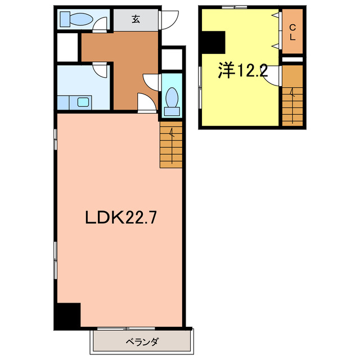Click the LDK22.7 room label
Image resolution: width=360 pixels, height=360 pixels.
pyautogui.click(x=121, y=218)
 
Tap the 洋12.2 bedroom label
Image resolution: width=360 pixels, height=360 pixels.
pyautogui.click(x=242, y=70)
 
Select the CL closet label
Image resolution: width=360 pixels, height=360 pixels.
pyautogui.click(x=292, y=33)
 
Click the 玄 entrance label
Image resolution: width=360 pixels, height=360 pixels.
pyautogui.click(x=136, y=19)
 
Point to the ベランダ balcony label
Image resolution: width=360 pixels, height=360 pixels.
pyautogui.click(x=142, y=342)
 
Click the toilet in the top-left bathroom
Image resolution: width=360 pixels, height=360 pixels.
pyautogui.click(x=76, y=19)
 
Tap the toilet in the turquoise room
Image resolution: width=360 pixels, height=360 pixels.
pyautogui.click(x=172, y=102)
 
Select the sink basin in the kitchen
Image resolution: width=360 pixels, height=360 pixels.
pyautogui.click(x=83, y=102)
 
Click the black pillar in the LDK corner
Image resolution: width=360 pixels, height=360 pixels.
pyautogui.click(x=69, y=316)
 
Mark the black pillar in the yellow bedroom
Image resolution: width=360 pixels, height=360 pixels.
pyautogui.click(x=213, y=43)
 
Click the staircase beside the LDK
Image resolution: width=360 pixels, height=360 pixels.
pyautogui.click(x=171, y=145)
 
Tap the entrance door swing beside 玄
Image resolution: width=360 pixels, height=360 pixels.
pyautogui.click(x=169, y=20)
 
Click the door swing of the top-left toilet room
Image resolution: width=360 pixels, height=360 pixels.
pyautogui.click(x=100, y=24)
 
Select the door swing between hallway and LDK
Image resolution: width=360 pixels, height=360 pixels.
pyautogui.click(x=146, y=102)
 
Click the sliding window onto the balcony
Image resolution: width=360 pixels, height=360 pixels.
pyautogui.click(x=126, y=328)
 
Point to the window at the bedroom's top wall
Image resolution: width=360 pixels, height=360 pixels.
pyautogui.click(x=235, y=7)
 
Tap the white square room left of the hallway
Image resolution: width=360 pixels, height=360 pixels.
pyautogui.click(x=67, y=47)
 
